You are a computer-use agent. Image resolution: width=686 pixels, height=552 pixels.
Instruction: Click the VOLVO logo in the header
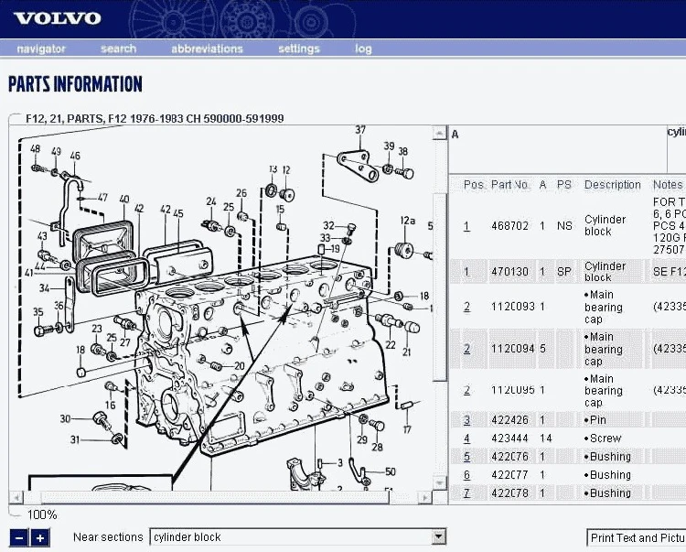click(x=58, y=18)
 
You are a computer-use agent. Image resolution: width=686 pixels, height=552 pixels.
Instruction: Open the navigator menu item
click(x=41, y=49)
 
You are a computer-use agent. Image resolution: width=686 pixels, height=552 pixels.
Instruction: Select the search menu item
click(x=118, y=49)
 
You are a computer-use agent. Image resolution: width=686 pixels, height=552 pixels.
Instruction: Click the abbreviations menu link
click(x=207, y=49)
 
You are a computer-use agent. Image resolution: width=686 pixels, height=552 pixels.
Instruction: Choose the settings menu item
click(x=298, y=49)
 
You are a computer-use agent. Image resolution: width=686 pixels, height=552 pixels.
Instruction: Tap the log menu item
click(x=363, y=49)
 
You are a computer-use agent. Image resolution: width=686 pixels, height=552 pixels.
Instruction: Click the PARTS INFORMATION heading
click(x=75, y=85)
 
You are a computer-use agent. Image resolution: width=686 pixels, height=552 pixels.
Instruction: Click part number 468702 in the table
click(x=509, y=226)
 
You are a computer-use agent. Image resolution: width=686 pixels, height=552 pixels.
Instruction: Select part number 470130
click(x=509, y=272)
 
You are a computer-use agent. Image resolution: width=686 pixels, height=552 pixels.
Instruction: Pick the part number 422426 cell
click(x=509, y=420)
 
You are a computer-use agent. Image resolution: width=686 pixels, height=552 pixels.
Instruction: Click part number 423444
click(x=509, y=438)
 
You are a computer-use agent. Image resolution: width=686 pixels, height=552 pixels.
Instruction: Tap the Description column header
click(x=613, y=185)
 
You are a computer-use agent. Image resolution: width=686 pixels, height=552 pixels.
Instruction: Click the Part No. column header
click(x=510, y=185)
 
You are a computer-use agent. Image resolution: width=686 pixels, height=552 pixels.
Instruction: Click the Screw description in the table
click(x=605, y=438)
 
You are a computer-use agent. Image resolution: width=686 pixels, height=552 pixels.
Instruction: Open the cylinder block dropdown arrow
click(x=439, y=537)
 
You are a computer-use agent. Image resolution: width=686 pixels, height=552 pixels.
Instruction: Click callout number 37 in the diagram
click(x=360, y=130)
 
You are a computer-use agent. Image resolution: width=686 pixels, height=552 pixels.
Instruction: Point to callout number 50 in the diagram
click(x=391, y=471)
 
